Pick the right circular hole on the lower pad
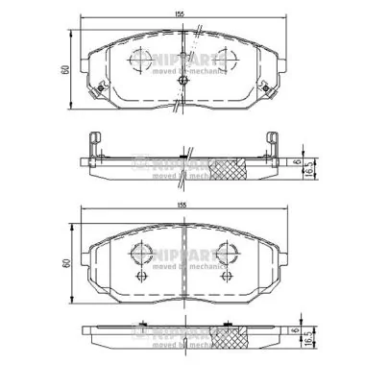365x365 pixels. [x=227, y=254]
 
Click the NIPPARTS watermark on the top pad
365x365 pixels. [x=186, y=61]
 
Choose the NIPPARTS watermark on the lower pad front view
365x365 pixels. [x=186, y=252]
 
